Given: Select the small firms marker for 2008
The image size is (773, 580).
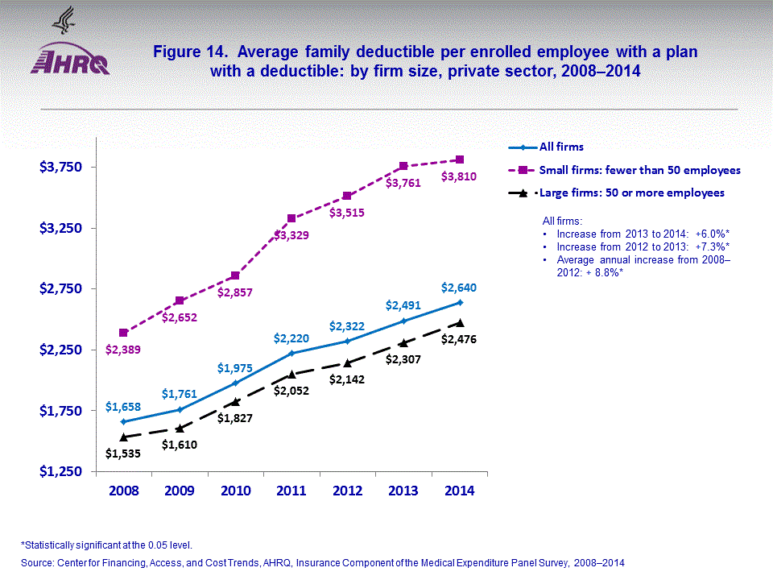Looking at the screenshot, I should pos(123,333).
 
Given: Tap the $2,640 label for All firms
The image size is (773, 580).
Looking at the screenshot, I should pos(458,288).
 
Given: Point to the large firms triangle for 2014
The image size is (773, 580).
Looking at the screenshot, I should pos(460,322).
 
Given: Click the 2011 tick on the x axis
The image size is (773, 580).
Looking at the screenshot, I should pos(291,491).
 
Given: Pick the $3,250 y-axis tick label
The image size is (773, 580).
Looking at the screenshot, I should pos(60,228).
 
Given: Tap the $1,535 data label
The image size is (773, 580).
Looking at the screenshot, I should pos(123,453).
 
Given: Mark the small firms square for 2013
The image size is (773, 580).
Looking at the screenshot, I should pos(403,166).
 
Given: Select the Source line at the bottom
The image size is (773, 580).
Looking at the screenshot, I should pos(322,562).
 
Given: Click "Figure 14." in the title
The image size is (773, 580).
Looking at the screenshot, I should pos(189,52).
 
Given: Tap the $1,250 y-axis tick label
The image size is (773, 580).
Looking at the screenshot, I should pos(60,471).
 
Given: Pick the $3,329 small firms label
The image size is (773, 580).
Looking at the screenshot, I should pos(290,235).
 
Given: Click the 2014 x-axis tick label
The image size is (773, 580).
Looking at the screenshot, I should pos(460,491).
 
